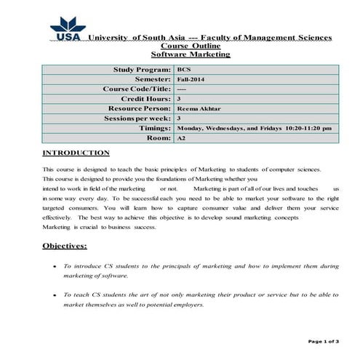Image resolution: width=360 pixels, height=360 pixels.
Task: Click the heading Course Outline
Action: pyautogui.click(x=190, y=45)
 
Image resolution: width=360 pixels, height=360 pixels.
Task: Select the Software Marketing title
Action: pyautogui.click(x=190, y=54)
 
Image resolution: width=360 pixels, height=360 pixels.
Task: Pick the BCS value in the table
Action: pyautogui.click(x=183, y=69)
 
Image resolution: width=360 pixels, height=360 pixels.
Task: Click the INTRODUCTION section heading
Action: pyautogui.click(x=76, y=153)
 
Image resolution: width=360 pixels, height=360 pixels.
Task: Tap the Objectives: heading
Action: pyautogui.click(x=65, y=246)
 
